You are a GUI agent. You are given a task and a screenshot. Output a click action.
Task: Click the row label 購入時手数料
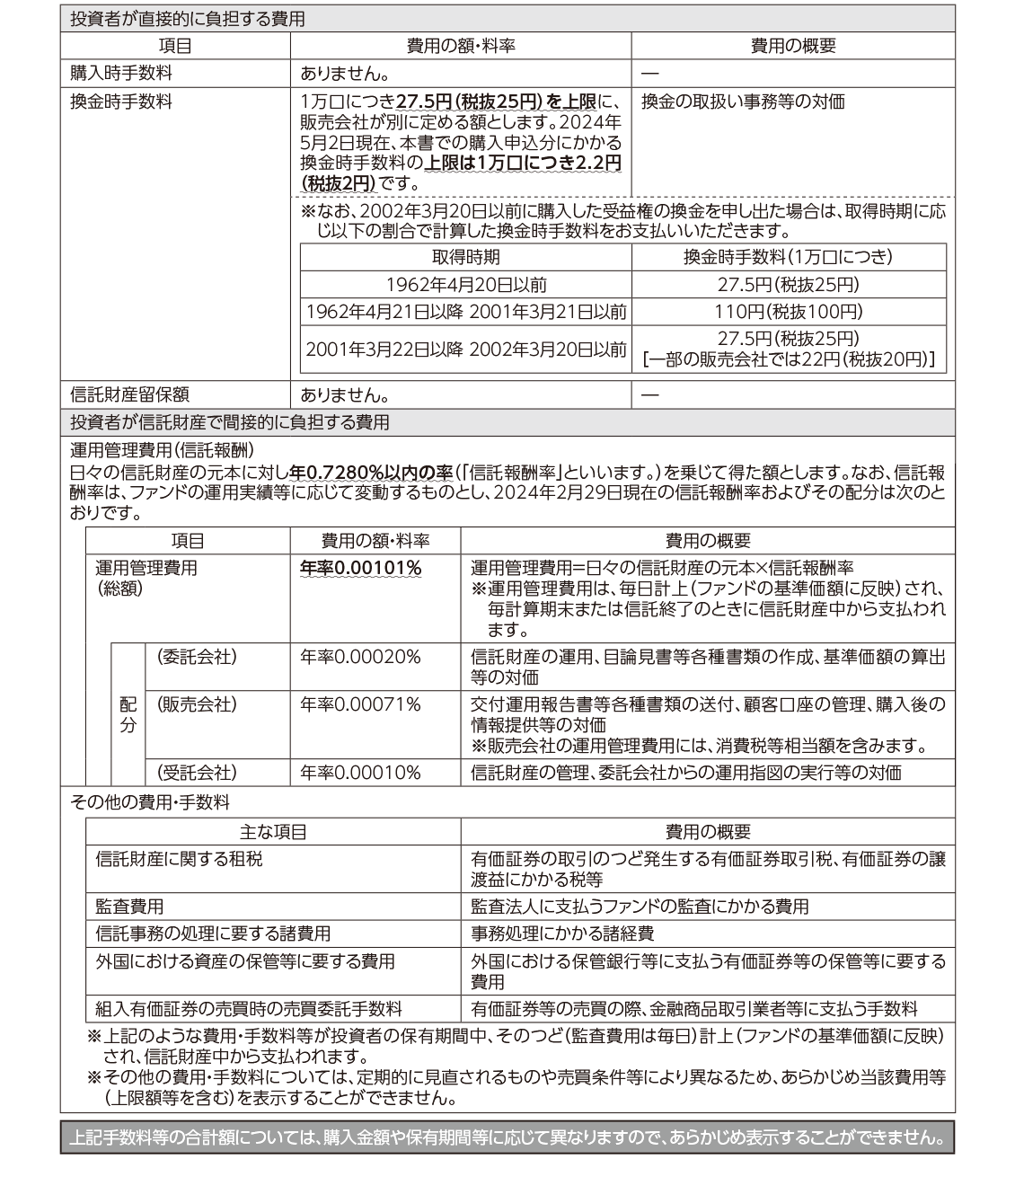tap(120, 74)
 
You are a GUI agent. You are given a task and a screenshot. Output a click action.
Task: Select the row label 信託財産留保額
tap(129, 394)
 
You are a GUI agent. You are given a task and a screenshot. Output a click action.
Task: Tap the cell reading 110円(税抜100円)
tap(789, 312)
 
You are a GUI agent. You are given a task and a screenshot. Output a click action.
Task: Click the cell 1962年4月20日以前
tap(466, 284)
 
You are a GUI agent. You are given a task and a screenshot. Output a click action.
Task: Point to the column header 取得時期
tap(465, 257)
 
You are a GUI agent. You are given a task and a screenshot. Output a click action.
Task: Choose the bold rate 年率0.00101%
tap(360, 568)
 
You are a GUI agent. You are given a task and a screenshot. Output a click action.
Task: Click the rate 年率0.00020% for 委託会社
tap(360, 657)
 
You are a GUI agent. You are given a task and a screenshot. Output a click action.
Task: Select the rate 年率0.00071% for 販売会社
tap(360, 704)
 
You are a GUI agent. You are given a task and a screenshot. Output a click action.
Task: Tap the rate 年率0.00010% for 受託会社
tap(360, 772)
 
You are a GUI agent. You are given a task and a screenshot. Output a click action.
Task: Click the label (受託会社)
tap(197, 772)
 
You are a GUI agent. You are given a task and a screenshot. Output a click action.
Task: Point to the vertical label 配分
tap(128, 714)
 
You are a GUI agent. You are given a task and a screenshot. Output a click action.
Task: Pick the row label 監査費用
tap(129, 906)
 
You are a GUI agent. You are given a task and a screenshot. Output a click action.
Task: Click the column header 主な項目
tap(273, 832)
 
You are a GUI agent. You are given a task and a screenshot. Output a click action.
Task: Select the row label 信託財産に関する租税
tap(179, 859)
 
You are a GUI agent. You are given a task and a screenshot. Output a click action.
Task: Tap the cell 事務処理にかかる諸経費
tap(562, 934)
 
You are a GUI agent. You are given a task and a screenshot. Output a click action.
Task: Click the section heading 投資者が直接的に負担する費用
tap(188, 19)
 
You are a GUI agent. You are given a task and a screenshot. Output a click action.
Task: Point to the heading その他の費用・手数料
tap(149, 802)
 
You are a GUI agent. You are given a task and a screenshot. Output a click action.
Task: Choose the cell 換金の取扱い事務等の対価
tap(743, 102)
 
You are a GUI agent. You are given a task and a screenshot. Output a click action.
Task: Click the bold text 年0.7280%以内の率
tap(371, 472)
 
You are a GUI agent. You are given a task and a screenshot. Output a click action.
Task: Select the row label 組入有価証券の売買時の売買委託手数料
tap(249, 1009)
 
